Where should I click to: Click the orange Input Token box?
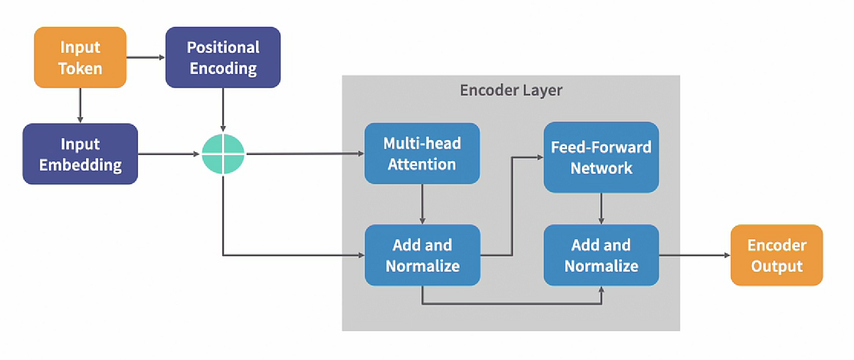pos(80,58)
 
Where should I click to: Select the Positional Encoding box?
pos(223,58)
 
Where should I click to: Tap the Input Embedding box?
pos(80,154)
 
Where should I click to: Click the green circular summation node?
pos(223,154)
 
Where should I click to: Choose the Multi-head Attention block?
pos(422,154)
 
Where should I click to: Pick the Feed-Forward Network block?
pos(601,157)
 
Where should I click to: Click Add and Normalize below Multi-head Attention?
pos(422,255)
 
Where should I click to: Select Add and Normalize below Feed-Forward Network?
pos(601,255)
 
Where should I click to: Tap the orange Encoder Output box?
pos(776,255)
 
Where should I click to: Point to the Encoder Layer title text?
pos(511,90)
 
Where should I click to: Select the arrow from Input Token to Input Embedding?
pos(80,105)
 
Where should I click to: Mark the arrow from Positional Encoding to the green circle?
pos(223,110)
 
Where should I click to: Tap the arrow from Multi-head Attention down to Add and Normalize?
pos(422,204)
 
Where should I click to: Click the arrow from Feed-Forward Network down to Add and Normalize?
pos(601,208)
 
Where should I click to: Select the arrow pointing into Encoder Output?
pos(695,255)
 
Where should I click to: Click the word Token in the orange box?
pos(80,68)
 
